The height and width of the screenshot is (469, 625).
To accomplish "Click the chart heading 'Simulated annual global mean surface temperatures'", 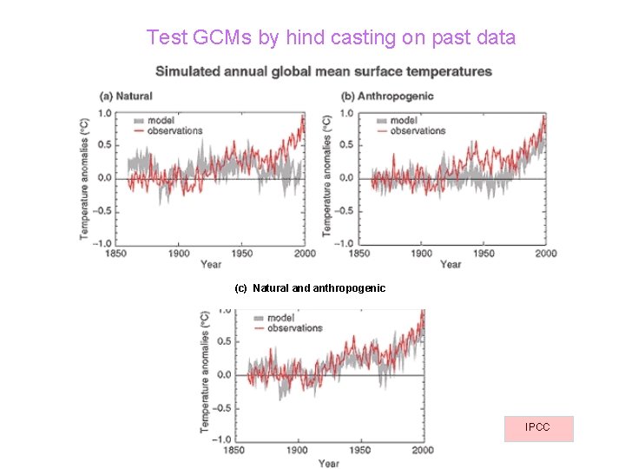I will point(323,71).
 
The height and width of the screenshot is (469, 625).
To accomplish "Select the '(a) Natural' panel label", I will point(127,96).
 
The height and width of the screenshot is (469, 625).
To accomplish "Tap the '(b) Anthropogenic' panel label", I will point(387,96).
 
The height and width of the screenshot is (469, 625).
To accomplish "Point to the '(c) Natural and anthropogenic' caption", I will point(310,287).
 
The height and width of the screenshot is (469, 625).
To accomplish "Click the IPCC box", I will point(538,428).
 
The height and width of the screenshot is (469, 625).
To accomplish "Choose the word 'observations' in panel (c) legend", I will point(294,328).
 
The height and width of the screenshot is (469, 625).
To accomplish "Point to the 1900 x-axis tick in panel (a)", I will point(178,254).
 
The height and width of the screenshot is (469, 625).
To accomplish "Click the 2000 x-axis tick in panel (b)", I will point(546,254).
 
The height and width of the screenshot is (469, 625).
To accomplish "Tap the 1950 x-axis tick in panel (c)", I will point(360,451).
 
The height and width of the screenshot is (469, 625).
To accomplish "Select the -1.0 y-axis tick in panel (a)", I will point(102,244).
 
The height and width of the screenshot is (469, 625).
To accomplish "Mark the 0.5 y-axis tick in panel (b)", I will point(346,145).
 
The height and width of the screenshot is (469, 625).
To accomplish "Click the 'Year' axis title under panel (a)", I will point(211,264).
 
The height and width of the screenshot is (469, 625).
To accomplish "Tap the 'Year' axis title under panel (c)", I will point(329,463).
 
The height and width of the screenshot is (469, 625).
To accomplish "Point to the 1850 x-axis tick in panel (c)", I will point(234,451).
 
